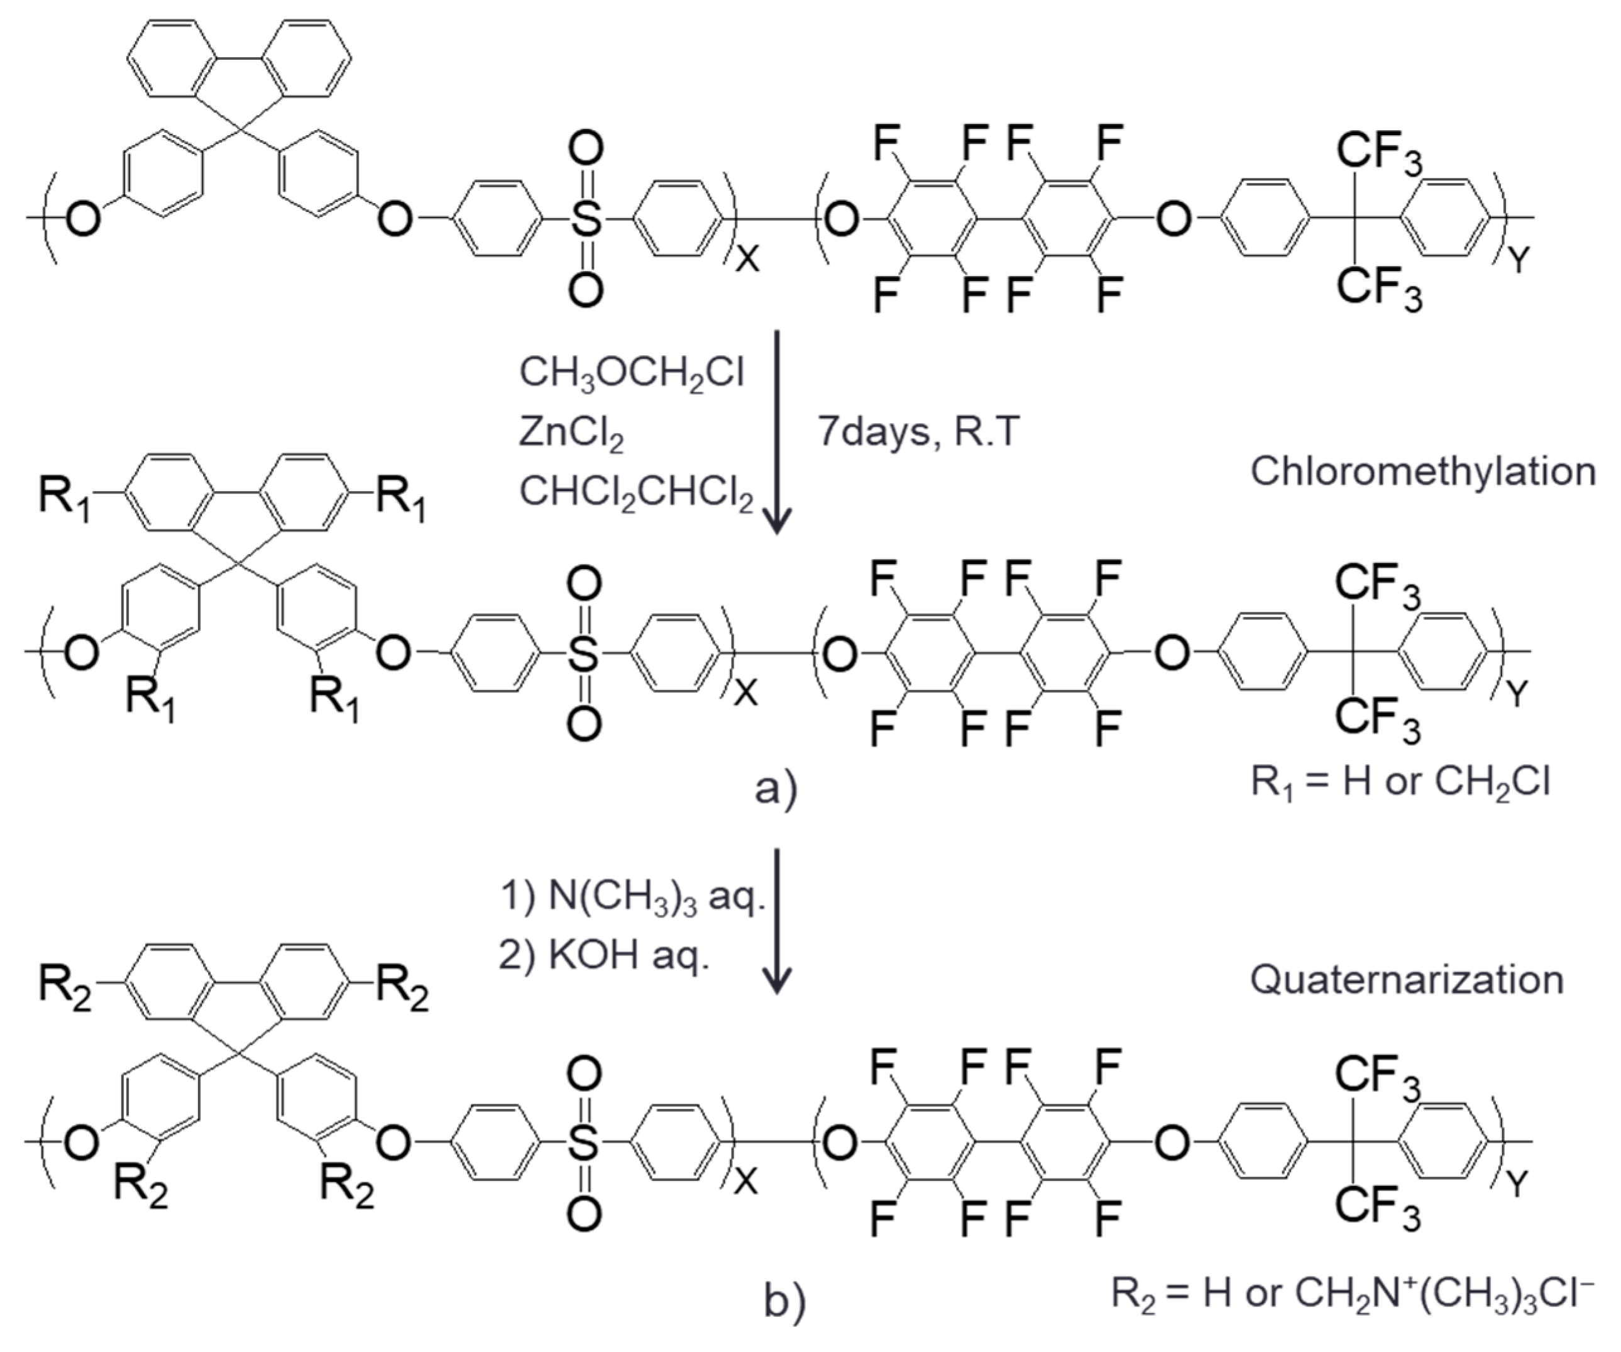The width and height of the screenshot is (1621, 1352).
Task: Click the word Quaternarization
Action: click(x=1407, y=980)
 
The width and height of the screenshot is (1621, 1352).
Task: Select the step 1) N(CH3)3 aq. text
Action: click(x=632, y=897)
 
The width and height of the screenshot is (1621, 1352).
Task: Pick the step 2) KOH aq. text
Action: click(x=603, y=956)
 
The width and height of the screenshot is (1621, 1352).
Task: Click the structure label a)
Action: click(x=776, y=789)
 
